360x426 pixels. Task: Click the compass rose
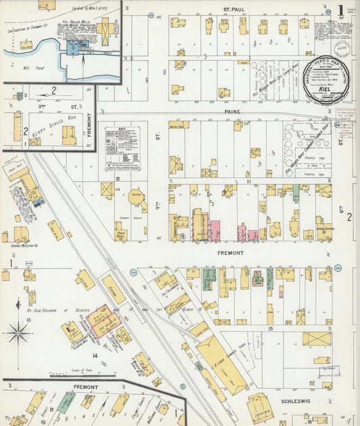[x=18, y=333]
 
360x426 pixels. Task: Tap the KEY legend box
[x=122, y=148]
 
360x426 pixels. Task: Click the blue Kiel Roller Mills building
[x=73, y=47]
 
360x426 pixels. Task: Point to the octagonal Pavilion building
[x=137, y=200]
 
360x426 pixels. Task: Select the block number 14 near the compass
[x=95, y=355]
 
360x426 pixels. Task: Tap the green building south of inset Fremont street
[x=66, y=403]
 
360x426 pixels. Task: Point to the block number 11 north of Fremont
[x=249, y=181]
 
